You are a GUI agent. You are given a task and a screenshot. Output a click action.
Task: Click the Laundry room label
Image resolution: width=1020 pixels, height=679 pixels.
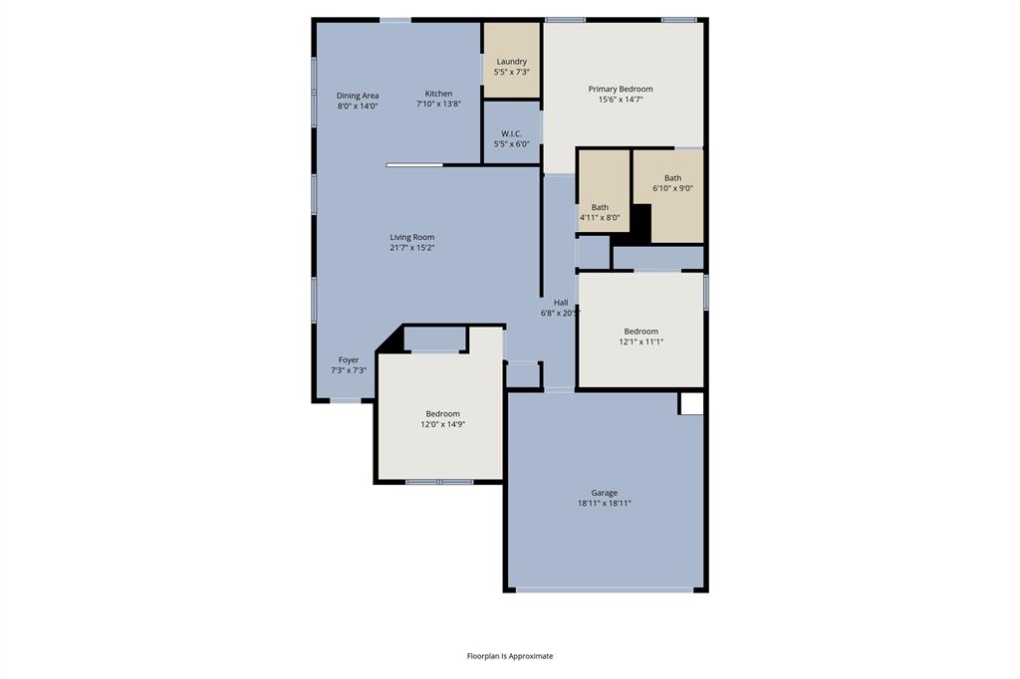(512, 62)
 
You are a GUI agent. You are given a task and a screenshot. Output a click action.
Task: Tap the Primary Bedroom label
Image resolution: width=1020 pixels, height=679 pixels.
(621, 89)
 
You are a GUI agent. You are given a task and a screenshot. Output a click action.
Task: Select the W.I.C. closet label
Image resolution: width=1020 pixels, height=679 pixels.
(511, 133)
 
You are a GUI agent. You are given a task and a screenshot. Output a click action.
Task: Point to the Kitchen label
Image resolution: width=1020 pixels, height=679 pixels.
(438, 94)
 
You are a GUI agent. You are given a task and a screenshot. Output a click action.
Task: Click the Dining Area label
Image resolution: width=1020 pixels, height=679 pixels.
(358, 96)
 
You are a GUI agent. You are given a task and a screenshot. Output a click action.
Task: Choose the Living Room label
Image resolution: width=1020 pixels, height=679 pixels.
(411, 237)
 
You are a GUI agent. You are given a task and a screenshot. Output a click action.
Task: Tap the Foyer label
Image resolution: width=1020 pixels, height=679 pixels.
(349, 360)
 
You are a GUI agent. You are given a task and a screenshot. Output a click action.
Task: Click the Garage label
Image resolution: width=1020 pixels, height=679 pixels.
(604, 493)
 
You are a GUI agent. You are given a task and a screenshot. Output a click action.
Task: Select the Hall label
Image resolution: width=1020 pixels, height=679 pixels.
(561, 303)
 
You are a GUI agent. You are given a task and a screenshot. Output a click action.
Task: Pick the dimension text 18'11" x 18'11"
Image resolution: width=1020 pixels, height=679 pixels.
(604, 504)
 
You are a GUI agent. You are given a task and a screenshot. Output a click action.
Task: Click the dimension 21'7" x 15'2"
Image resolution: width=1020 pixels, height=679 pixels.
(411, 248)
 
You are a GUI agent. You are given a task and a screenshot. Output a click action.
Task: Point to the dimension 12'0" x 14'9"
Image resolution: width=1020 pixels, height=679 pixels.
(443, 424)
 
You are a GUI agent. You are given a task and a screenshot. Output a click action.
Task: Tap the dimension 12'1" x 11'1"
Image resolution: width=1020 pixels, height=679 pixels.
(640, 341)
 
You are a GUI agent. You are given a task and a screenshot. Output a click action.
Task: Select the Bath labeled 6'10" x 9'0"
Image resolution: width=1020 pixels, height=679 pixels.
(673, 178)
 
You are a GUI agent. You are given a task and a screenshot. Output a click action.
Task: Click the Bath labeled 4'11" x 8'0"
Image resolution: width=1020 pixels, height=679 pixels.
(600, 207)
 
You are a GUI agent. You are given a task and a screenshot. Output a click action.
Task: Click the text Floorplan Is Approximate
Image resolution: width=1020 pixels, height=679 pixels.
(510, 656)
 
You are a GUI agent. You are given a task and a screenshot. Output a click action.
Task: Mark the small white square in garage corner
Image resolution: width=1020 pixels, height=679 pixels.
(691, 403)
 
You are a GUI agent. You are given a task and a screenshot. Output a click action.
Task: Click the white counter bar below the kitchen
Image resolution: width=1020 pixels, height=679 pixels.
(414, 165)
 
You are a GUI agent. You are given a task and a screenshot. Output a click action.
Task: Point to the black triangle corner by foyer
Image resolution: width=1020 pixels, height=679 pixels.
(392, 339)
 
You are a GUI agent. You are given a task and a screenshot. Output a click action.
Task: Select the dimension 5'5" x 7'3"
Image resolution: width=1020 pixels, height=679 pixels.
(512, 72)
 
